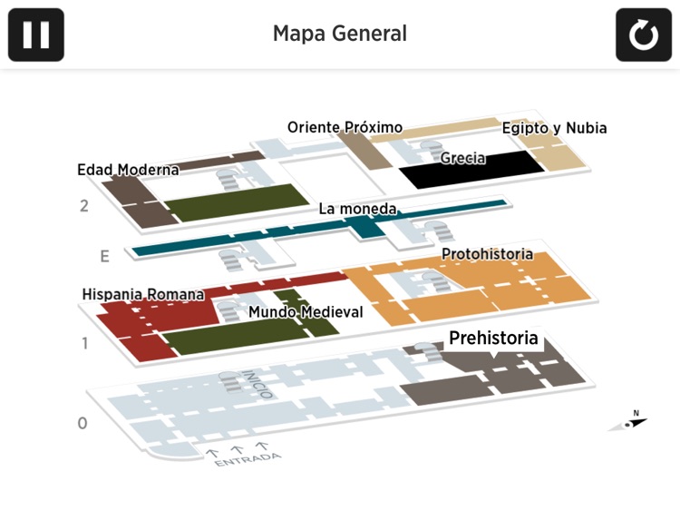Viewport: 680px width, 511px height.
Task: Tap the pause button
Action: [36, 34]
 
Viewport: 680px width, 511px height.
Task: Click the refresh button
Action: [643, 34]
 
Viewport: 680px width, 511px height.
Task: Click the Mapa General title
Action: [340, 34]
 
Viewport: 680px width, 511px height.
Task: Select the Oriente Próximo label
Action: [345, 128]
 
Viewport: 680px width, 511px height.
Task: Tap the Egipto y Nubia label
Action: [554, 128]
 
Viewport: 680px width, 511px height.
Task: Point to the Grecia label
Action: [462, 158]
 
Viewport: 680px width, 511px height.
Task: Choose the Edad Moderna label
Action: [128, 170]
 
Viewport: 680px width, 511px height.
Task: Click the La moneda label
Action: [357, 209]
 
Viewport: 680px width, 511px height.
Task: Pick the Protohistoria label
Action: [487, 254]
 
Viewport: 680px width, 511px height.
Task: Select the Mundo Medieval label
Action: [306, 312]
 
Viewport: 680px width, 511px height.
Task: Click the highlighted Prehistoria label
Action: [493, 339]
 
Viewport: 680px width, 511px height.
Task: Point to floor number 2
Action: [84, 206]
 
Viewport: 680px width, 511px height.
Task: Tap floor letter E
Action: [104, 257]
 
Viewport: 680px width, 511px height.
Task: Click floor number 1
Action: [84, 343]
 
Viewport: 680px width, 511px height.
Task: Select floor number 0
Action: [83, 423]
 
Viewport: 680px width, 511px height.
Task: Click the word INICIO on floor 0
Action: [255, 382]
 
